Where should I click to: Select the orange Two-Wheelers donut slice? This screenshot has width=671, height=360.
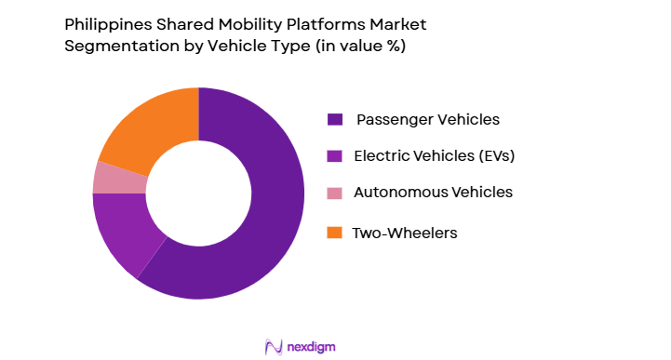(149, 130)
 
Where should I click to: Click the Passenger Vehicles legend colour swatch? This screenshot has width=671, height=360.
(333, 120)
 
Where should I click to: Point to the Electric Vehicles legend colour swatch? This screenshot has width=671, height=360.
(333, 156)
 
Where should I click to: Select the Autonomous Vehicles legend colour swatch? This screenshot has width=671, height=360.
(333, 193)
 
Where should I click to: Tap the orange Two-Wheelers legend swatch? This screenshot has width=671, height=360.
(333, 233)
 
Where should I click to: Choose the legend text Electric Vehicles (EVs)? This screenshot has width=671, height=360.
(434, 156)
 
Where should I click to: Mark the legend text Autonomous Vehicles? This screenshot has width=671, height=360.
(433, 193)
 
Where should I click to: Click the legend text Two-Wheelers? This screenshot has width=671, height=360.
(404, 233)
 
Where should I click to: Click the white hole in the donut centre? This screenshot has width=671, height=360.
(198, 193)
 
